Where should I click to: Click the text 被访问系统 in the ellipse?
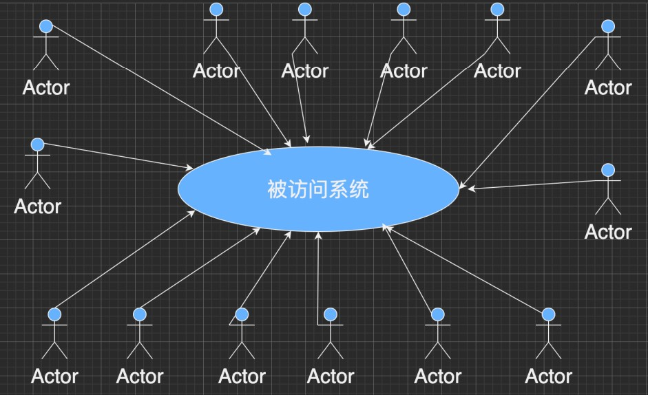click(318, 189)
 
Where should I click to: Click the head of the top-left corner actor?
click(46, 26)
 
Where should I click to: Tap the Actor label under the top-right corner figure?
click(608, 88)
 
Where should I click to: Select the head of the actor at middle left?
click(37, 144)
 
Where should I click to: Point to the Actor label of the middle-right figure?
click(608, 232)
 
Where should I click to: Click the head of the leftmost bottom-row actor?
click(55, 314)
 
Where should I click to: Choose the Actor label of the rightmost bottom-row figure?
click(548, 376)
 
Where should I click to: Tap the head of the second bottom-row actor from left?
click(140, 314)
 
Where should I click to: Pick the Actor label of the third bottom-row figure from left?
click(242, 376)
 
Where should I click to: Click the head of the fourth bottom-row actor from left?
click(331, 314)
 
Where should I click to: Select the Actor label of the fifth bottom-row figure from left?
click(438, 376)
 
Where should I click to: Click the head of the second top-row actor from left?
click(216, 10)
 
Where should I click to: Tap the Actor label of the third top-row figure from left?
click(305, 71)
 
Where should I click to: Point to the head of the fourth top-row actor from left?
click(404, 10)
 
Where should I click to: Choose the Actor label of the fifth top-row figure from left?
click(497, 71)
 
